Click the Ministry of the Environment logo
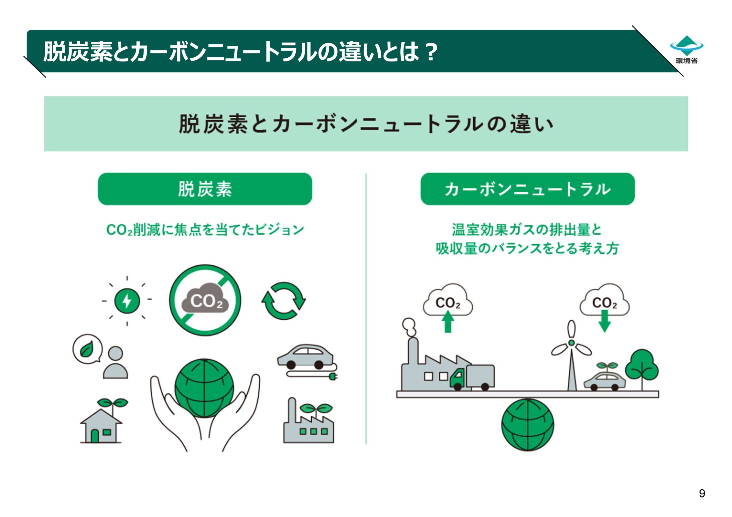click(x=687, y=50)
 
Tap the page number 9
click(x=702, y=493)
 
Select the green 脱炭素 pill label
click(x=205, y=189)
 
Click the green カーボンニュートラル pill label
click(x=527, y=189)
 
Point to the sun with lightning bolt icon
click(x=127, y=300)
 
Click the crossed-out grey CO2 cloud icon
click(x=205, y=300)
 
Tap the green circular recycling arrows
click(x=283, y=301)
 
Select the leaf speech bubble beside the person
click(x=87, y=349)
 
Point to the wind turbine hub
click(x=571, y=342)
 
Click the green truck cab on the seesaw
click(x=458, y=378)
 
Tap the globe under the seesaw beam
click(x=527, y=425)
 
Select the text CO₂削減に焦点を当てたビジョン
click(x=205, y=230)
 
